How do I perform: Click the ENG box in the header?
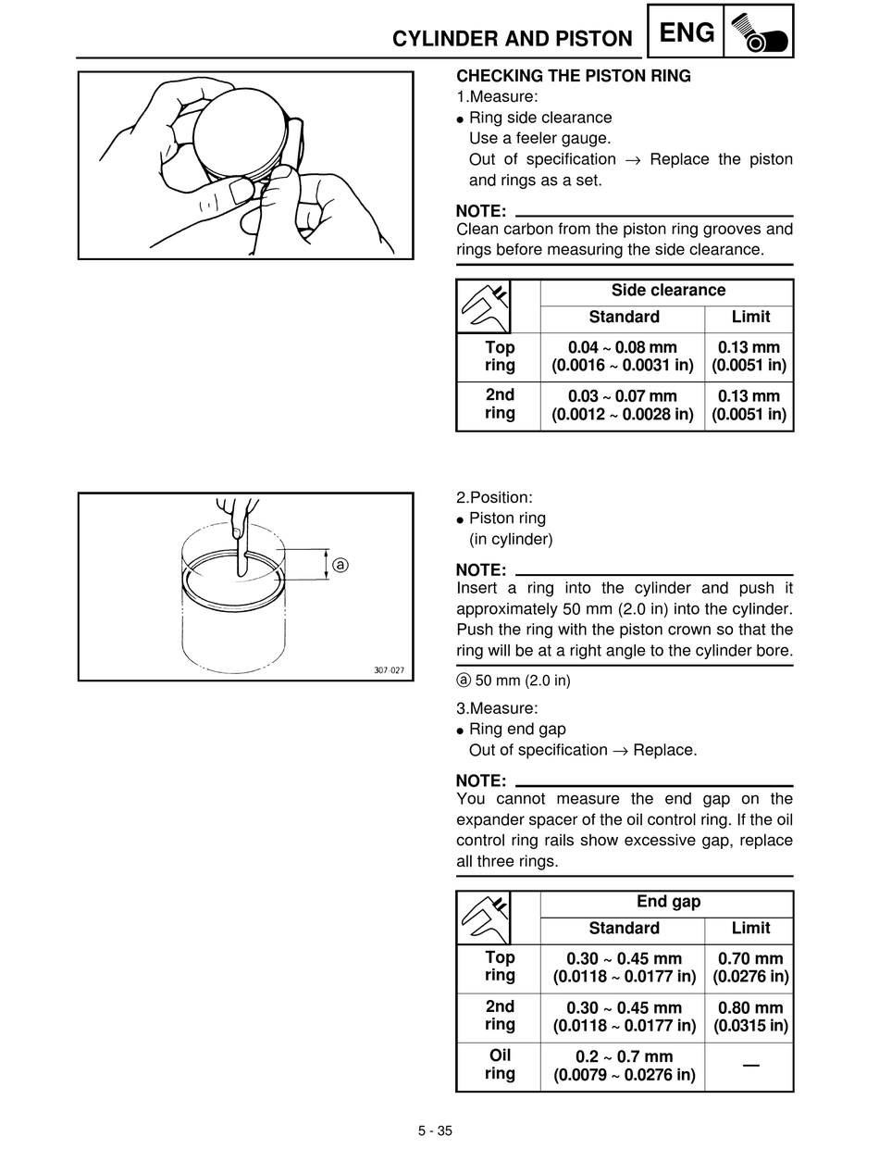[688, 33]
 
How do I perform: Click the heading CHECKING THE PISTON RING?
[574, 76]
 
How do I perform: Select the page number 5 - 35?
[435, 1130]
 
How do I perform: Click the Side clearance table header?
[667, 291]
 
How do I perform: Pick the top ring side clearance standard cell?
[623, 356]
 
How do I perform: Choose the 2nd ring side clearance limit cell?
[749, 405]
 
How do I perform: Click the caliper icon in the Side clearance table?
[485, 306]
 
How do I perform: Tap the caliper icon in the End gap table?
[485, 918]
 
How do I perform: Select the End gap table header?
[667, 902]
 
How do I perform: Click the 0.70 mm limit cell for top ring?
[749, 968]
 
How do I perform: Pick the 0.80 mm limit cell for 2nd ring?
[749, 1017]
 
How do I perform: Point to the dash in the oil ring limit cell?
[750, 1067]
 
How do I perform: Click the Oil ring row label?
[499, 1065]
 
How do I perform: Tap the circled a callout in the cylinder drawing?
[340, 564]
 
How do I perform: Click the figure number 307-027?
[389, 670]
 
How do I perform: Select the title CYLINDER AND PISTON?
[513, 39]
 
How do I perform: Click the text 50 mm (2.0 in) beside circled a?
[522, 681]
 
